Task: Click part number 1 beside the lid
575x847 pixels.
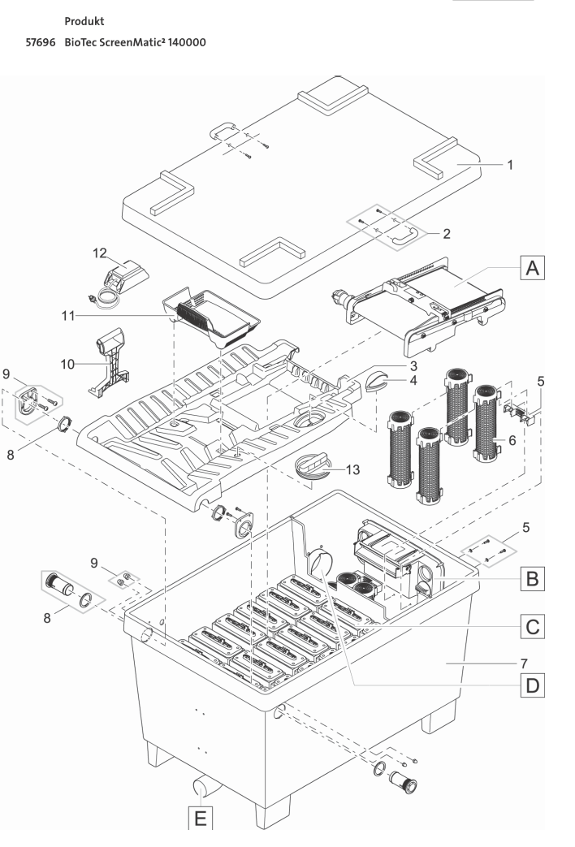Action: (509, 165)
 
